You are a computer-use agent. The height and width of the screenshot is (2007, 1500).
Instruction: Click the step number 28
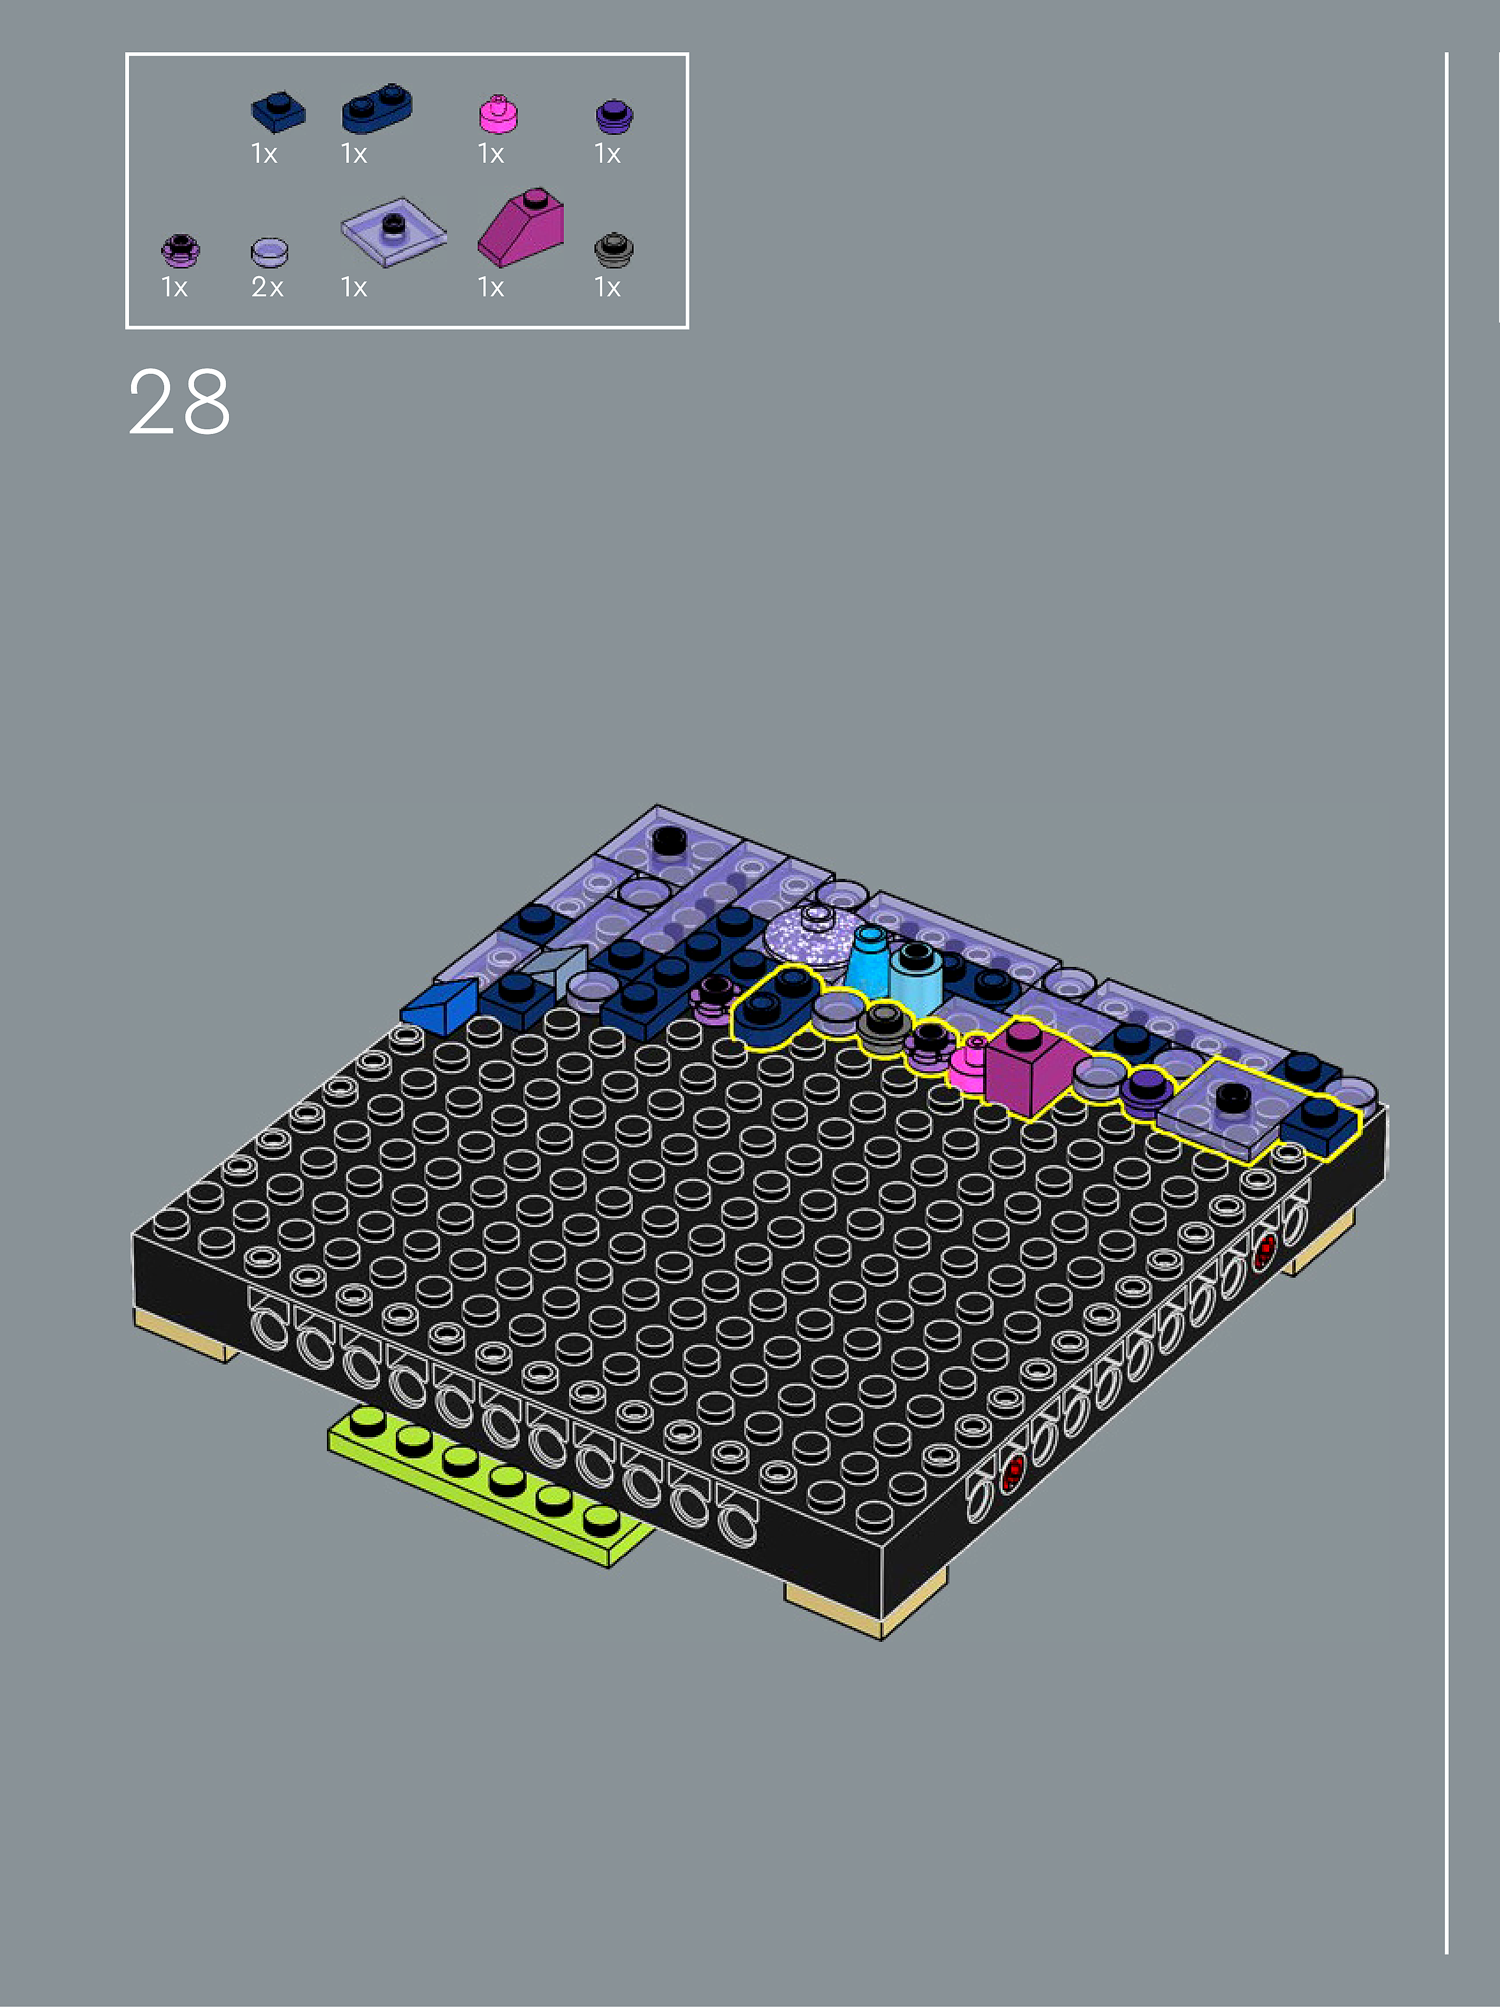180,402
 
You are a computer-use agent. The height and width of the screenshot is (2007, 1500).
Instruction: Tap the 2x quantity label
268,288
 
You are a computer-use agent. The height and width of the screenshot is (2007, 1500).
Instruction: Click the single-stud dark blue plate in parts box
278,111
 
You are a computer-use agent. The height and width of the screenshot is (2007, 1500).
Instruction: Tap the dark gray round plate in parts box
614,250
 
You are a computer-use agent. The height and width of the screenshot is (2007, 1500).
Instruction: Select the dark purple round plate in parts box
614,116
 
